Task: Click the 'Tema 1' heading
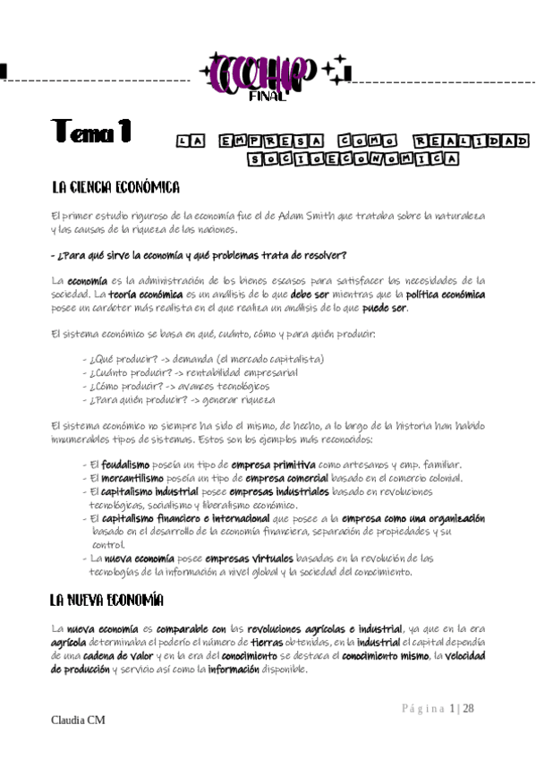point(91,132)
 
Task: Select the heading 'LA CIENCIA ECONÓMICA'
point(116,187)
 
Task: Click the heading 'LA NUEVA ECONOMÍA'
point(106,600)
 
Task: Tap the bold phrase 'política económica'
point(446,294)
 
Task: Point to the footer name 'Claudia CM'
point(78,721)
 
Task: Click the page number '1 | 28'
point(463,709)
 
